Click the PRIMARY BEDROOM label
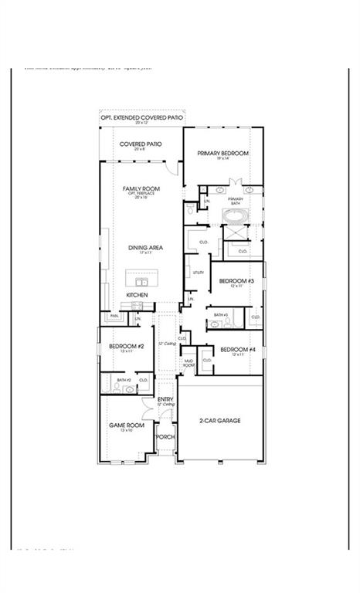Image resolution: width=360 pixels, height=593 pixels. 222,154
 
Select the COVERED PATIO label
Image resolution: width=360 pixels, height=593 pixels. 140,144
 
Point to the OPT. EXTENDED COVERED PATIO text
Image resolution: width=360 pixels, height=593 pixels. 141,117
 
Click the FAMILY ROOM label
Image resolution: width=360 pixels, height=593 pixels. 141,188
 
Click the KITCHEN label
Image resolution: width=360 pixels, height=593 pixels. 137,296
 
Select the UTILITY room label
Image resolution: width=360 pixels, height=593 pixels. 199,273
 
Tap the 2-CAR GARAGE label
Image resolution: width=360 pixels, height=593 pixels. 220,421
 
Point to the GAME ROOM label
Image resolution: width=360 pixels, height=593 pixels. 126,425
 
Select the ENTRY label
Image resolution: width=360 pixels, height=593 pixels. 165,399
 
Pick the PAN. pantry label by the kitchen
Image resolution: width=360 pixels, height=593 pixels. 114,316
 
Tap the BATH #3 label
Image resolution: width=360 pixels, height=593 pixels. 220,315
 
